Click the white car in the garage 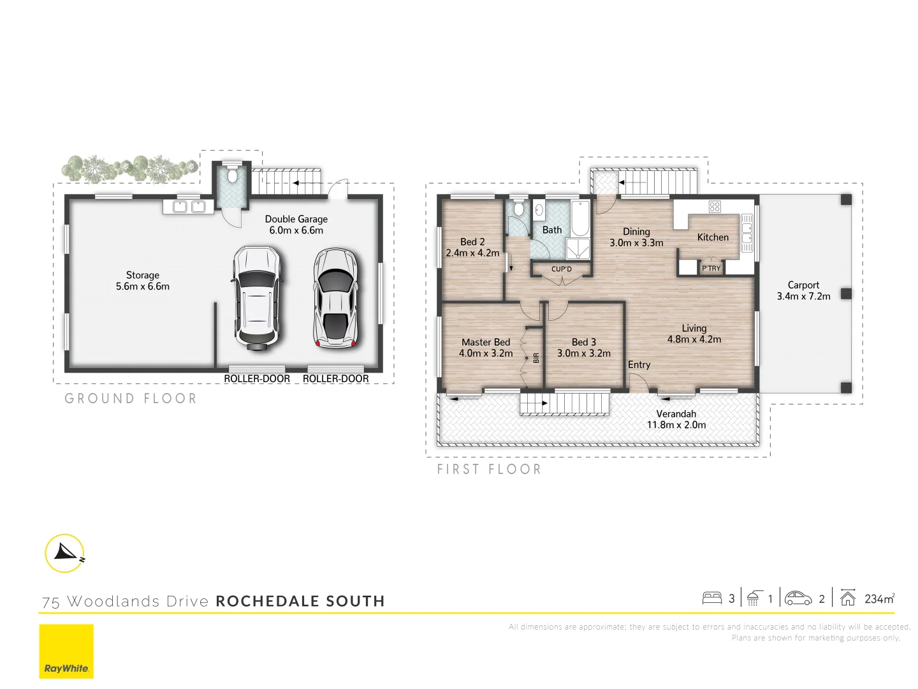pyautogui.click(x=256, y=297)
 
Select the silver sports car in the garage pyautogui.click(x=336, y=299)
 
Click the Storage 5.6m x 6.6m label pyautogui.click(x=143, y=281)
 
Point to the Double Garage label pyautogui.click(x=296, y=225)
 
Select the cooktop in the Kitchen pyautogui.click(x=715, y=206)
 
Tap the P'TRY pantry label pyautogui.click(x=711, y=269)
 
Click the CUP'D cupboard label pyautogui.click(x=562, y=269)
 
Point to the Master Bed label pyautogui.click(x=486, y=348)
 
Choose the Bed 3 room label pyautogui.click(x=583, y=348)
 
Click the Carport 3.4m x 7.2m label pyautogui.click(x=803, y=291)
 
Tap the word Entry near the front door pyautogui.click(x=639, y=365)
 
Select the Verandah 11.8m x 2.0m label pyautogui.click(x=676, y=419)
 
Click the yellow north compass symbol pyautogui.click(x=65, y=552)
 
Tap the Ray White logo pyautogui.click(x=66, y=651)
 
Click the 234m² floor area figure pyautogui.click(x=879, y=598)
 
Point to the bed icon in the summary pyautogui.click(x=711, y=598)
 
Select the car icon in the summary pyautogui.click(x=798, y=598)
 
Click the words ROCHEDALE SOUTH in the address pyautogui.click(x=300, y=601)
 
